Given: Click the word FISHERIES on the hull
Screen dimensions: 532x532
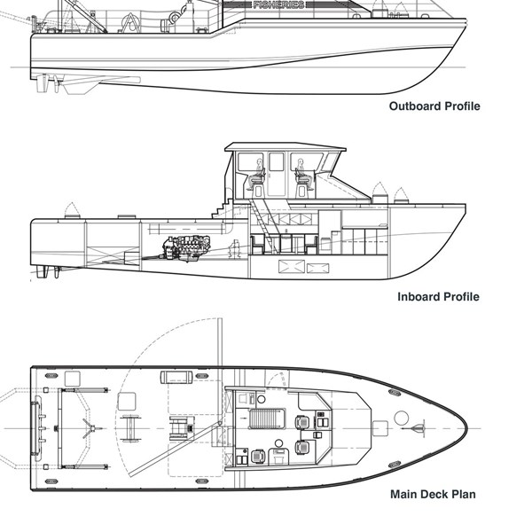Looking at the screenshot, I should pos(278,5).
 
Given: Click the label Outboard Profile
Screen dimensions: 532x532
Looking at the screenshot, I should pos(434,106).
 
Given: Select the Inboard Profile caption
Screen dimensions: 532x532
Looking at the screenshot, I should pos(438,296).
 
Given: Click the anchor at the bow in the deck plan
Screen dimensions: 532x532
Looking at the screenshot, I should pos(418,429).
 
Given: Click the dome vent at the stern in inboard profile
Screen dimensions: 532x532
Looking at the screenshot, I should pos(73,209).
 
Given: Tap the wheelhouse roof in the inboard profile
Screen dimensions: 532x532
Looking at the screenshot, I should pos(284,145).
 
